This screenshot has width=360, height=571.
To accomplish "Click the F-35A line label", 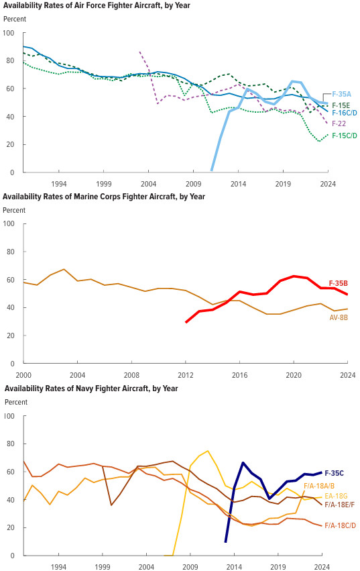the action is [x=341, y=95].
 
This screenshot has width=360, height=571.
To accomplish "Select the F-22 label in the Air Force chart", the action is [x=339, y=123].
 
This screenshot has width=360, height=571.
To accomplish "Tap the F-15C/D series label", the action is [x=345, y=136].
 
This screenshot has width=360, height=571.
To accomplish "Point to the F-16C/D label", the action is [x=345, y=113].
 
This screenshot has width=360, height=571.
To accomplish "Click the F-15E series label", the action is [x=341, y=105].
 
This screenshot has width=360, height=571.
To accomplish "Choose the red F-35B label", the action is [x=338, y=283].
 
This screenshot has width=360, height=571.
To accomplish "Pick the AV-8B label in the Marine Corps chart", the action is [x=339, y=317].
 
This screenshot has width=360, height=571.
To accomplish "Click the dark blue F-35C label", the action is [x=334, y=473].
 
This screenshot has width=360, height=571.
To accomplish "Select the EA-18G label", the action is [x=337, y=496].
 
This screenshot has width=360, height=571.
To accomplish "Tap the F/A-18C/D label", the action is [x=341, y=525].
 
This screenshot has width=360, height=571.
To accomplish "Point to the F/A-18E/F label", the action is [x=340, y=505].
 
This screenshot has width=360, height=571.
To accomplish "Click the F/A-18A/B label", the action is [x=319, y=486].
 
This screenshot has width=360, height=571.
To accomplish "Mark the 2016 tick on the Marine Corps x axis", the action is [x=239, y=375].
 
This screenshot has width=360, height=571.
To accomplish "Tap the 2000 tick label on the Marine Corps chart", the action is [x=24, y=375].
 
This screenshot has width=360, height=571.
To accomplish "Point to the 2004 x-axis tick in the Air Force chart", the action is [x=149, y=184].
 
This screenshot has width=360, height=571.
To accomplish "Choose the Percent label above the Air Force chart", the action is [x=15, y=19].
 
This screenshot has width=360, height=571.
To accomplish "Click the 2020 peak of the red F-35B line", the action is [x=294, y=276].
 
